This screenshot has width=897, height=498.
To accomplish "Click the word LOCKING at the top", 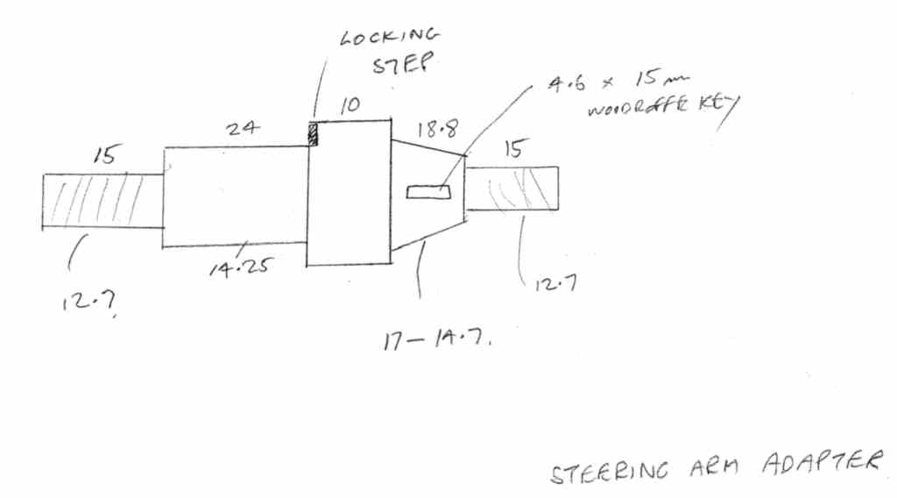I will [x=388, y=38].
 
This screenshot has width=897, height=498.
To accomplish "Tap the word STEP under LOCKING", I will [x=399, y=67].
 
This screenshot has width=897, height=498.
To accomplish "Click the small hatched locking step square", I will [x=311, y=133].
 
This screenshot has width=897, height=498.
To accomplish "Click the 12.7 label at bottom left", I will [x=87, y=302].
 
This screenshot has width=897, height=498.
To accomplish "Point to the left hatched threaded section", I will [x=102, y=201].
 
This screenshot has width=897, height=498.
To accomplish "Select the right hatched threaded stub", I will [x=512, y=188].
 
